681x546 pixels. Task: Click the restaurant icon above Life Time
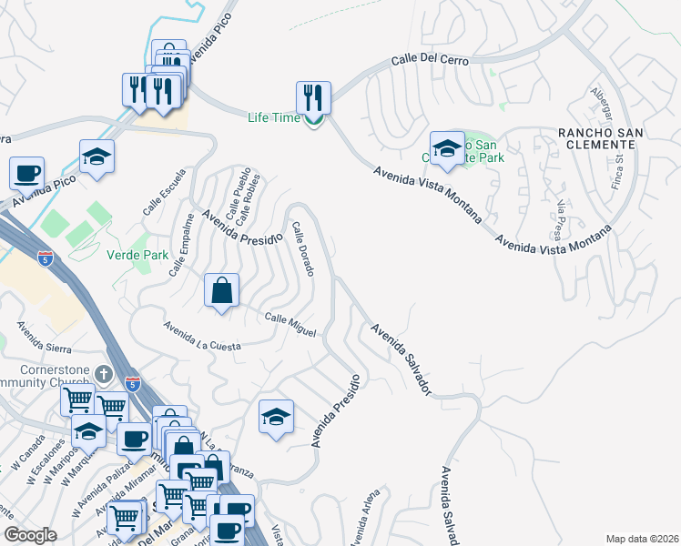coord(313,96)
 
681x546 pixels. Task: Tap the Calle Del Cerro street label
coord(430,60)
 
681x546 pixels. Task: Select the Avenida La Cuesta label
coord(202,336)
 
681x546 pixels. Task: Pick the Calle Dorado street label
coord(302,249)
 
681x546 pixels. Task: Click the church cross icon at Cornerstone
coord(105,373)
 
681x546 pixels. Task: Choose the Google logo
coord(30,535)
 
